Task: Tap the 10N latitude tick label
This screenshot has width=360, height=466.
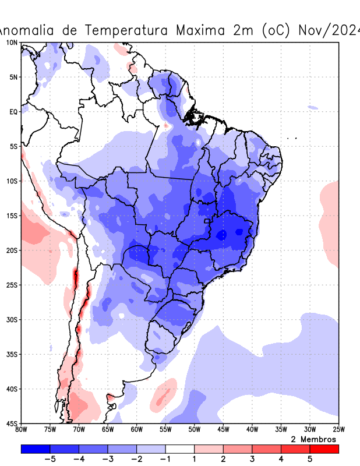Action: coord(12,43)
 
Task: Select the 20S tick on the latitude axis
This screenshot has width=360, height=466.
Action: coord(12,250)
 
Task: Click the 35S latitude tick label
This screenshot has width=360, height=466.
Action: coord(12,354)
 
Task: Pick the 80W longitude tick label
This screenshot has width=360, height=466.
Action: coord(22,430)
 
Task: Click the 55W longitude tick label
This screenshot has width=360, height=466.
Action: coord(165,430)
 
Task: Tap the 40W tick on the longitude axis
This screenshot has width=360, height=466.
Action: coord(252,430)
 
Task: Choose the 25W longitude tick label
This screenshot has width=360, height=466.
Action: coord(338,430)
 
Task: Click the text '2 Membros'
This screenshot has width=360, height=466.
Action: coord(313,439)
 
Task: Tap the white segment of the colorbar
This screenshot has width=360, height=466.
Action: coord(180,449)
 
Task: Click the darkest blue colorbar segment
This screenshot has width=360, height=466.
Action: coord(36,449)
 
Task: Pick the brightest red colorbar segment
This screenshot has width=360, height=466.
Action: coord(324,449)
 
